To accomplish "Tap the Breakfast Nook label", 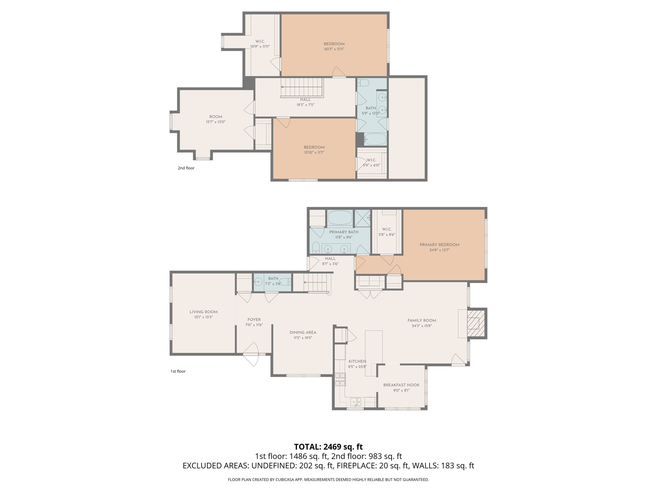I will coord(401,385).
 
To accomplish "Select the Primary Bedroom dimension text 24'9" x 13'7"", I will coord(439,250).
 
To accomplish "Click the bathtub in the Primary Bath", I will coord(340,218).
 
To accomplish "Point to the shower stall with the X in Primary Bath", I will coord(362,218).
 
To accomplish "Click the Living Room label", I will coord(203,312).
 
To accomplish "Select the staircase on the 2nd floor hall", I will coord(302,87).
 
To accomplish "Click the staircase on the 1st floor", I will coord(316,282).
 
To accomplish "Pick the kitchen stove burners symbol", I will coord(340,379).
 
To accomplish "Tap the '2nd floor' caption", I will coord(186,168).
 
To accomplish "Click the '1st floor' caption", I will coord(178,371).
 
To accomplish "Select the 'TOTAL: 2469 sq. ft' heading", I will coord(328,447).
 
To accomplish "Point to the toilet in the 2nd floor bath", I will coord(363,83).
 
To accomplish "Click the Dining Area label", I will coord(303,332).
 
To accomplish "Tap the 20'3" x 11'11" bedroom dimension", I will coord(334,49).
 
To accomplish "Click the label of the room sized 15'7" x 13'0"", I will coord(216,117).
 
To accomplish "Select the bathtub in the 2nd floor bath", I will coord(375,139).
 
